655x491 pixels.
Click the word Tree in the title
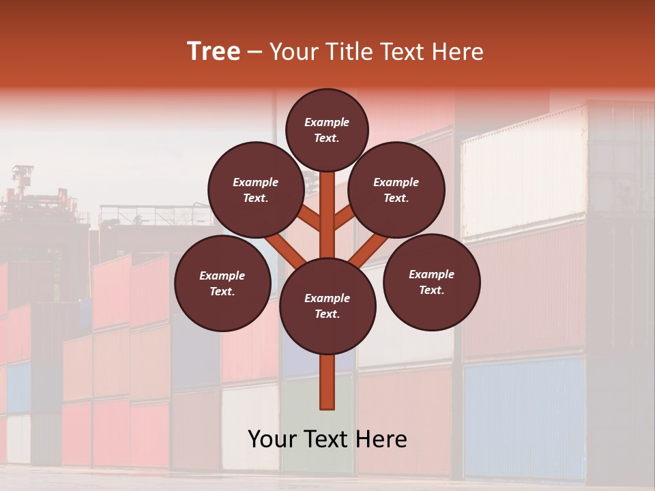(214, 52)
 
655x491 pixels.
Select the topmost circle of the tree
(327, 130)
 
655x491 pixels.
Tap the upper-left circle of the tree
(256, 190)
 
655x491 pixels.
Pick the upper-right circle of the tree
(396, 190)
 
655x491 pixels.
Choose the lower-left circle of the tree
(222, 283)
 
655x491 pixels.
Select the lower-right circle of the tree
(431, 282)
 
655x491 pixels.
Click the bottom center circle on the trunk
(327, 306)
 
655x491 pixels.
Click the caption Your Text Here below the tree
(327, 439)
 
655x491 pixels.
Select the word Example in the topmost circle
(327, 122)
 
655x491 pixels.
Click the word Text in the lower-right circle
(431, 290)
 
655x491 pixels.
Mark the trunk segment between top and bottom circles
(327, 211)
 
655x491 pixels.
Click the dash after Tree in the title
(254, 52)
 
